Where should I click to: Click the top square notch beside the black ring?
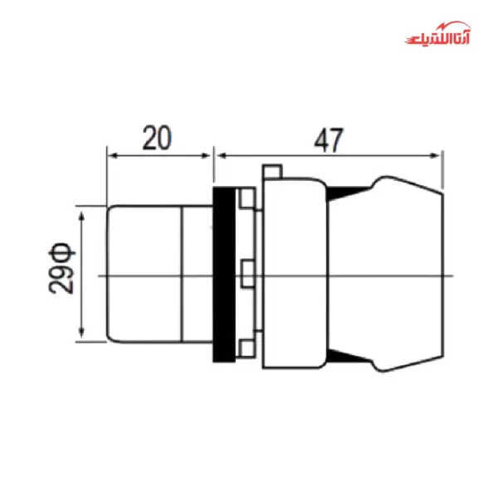(246, 200)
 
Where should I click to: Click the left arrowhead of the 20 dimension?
(112, 154)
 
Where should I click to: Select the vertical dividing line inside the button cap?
(181, 274)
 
